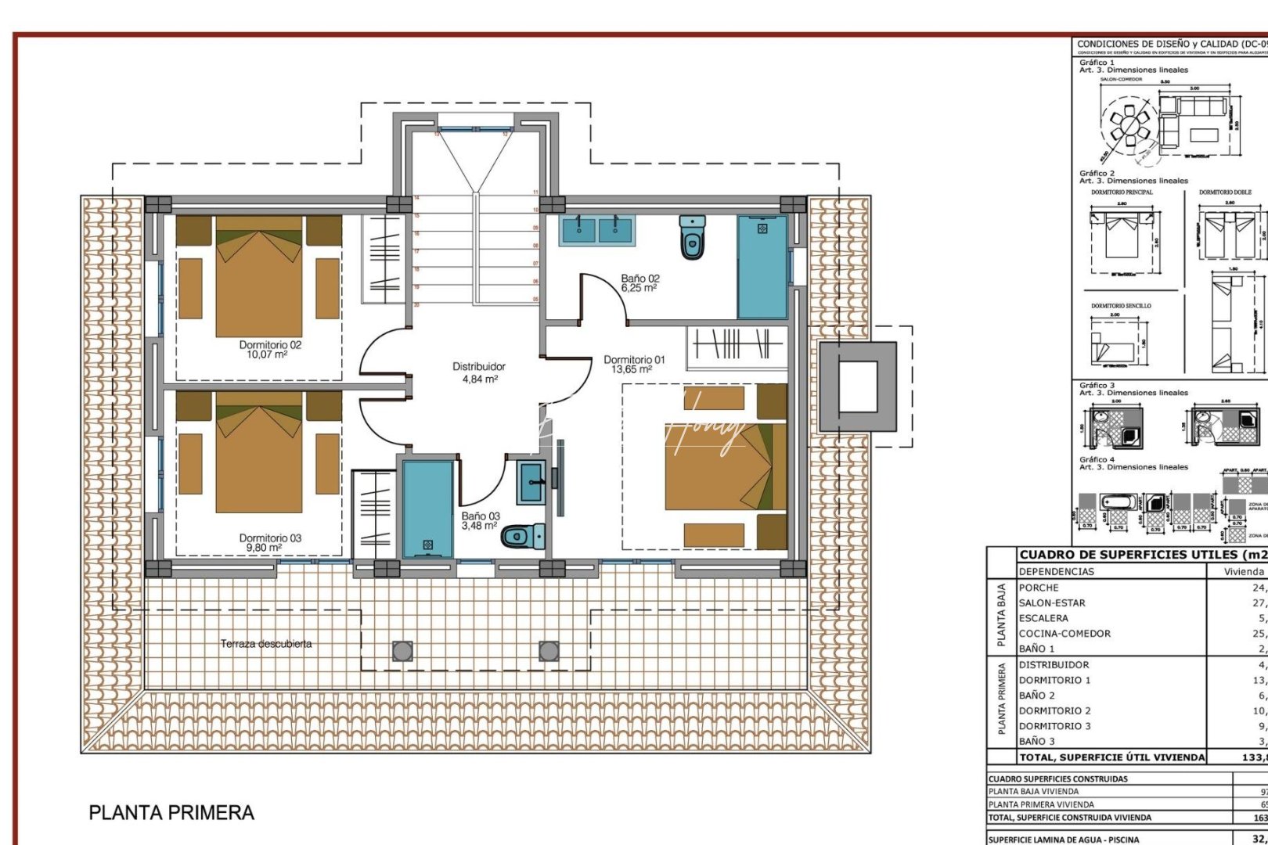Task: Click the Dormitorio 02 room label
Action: pos(270,349)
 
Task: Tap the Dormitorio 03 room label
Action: pos(270,542)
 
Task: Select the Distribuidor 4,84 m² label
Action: pos(479,372)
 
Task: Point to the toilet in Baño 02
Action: pos(693,238)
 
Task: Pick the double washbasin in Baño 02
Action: pos(596,228)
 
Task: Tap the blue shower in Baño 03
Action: pos(427,509)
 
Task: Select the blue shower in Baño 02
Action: pos(762,267)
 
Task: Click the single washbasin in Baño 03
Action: pos(532,482)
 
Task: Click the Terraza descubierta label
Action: pos(266,644)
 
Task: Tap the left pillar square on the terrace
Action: pos(402,650)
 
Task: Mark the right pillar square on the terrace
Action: pos(549,650)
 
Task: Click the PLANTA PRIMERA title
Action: pos(171,813)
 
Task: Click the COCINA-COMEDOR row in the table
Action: pos(1064,634)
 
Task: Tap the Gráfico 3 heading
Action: pos(1097,385)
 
